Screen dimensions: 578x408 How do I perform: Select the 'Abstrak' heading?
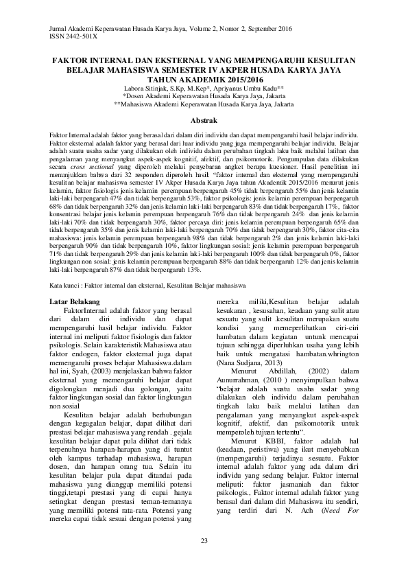[204, 120]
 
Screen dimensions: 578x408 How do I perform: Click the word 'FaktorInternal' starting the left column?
[85, 312]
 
